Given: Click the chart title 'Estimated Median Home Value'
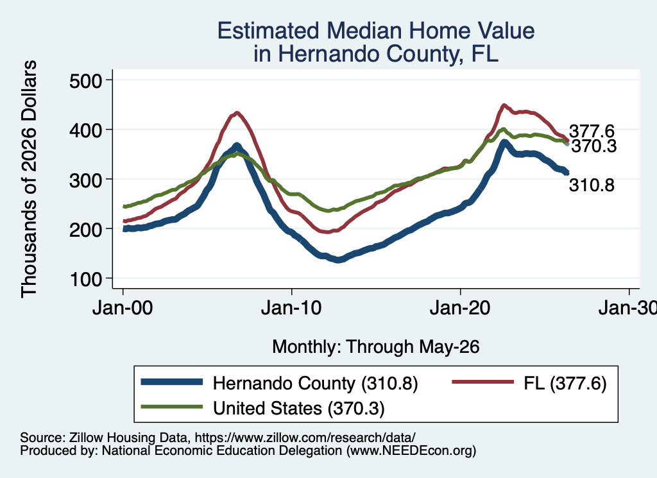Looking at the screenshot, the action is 376,31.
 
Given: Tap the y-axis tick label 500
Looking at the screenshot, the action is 86,80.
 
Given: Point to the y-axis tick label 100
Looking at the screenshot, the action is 86,279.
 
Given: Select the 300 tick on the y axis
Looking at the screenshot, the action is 86,180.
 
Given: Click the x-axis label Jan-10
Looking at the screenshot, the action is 291,309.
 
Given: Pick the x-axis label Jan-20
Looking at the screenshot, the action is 460,309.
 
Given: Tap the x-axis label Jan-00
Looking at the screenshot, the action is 123,309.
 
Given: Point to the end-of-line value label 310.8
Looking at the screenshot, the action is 592,185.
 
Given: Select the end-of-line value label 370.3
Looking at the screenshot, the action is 594,146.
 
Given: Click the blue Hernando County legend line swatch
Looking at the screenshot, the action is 172,382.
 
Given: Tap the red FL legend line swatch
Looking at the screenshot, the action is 482,382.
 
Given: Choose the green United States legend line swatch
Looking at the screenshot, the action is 172,407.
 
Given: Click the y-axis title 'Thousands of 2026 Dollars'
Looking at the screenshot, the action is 29,179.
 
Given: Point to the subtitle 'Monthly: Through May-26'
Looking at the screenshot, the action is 376,347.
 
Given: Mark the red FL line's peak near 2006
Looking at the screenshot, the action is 237,113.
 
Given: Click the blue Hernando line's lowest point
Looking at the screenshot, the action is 339,260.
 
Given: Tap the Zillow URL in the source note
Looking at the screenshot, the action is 305,438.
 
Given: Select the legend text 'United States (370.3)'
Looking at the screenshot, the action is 299,408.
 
